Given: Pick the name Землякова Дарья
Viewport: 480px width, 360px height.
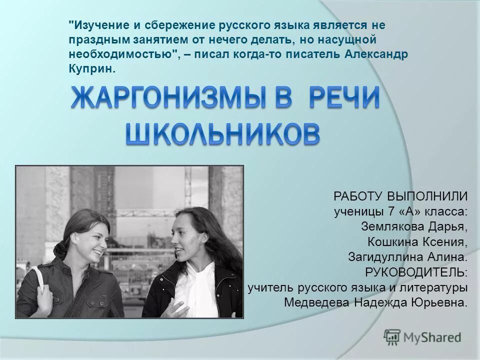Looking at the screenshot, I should (x=414, y=226).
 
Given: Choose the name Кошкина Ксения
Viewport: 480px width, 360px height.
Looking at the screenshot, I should (x=418, y=242).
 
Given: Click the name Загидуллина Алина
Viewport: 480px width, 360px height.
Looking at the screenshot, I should (x=407, y=257).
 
